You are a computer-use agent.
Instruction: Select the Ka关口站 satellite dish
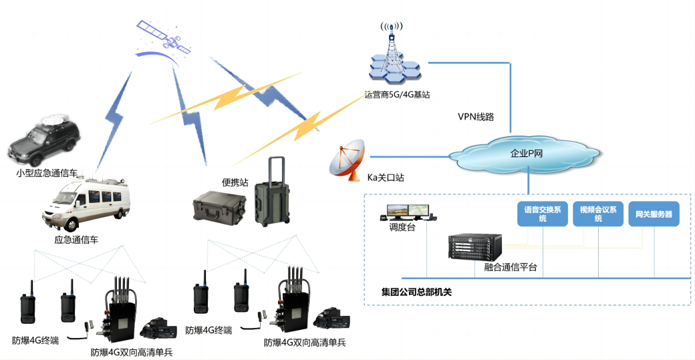pos(347,161)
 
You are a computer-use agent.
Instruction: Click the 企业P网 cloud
pos(527,153)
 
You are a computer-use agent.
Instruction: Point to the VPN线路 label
pos(476,117)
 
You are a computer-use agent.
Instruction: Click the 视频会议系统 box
pos(598,214)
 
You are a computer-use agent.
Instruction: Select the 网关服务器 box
pos(653,214)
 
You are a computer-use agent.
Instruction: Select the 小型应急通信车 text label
pos(46,173)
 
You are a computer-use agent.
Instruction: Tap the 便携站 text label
pos(236,182)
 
